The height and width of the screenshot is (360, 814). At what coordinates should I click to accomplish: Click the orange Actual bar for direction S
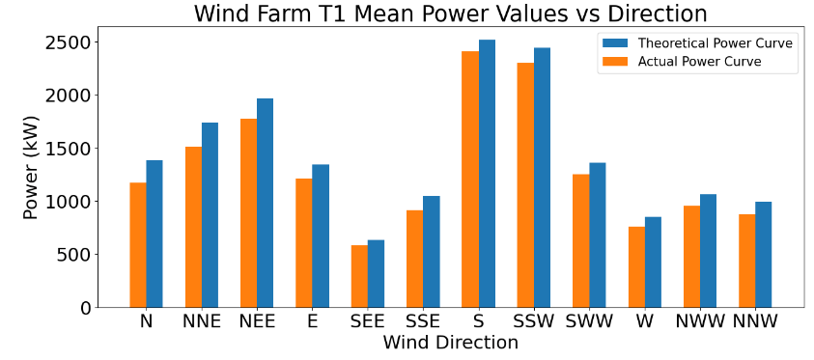470,180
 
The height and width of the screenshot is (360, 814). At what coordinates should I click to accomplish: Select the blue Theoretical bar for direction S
487,174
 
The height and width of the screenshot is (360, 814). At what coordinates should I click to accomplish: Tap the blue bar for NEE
265,203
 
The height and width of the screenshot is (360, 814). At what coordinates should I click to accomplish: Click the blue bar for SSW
542,178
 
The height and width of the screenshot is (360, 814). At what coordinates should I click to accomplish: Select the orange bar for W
636,267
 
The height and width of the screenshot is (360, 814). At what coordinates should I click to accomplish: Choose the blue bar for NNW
764,255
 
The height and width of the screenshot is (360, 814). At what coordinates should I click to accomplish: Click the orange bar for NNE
193,227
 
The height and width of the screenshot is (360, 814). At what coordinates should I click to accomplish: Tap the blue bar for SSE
431,252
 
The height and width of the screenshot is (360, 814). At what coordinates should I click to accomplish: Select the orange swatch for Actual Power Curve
615,62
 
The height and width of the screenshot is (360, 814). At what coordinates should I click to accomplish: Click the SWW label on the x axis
589,321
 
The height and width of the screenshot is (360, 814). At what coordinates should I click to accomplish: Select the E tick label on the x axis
312,321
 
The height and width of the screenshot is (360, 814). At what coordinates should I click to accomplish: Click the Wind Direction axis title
450,343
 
